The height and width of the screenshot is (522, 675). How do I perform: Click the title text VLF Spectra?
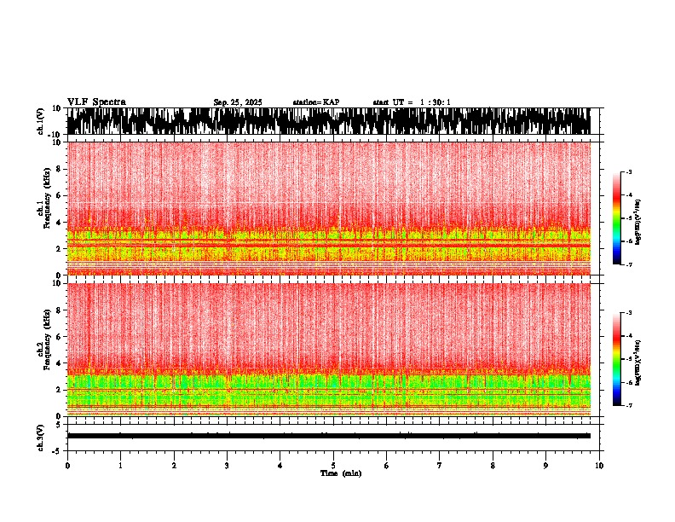96,102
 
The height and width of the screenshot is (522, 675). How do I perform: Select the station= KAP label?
315,102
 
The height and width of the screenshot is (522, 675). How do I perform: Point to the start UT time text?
411,102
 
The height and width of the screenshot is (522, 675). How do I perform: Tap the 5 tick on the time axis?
333,466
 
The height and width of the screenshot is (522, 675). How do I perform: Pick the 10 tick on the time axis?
599,466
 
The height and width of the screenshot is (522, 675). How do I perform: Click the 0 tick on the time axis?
67,466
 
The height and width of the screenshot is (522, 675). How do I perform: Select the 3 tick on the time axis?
227,466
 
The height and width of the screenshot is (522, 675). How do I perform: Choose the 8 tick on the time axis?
493,466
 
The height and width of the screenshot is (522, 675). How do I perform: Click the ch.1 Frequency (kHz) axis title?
43,208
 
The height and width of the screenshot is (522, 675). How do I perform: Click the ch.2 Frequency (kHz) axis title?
43,349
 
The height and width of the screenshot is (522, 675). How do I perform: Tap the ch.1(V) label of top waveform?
41,121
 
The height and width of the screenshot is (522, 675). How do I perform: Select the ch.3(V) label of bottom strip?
41,436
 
